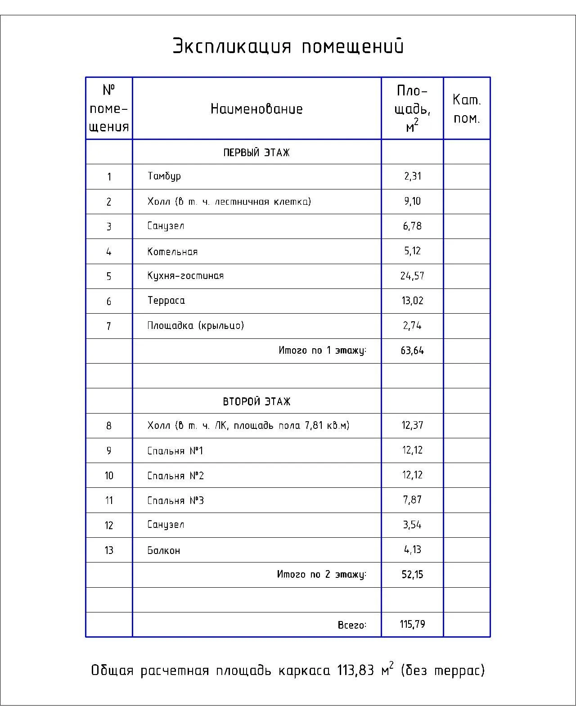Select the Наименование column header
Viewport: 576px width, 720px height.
coord(256,109)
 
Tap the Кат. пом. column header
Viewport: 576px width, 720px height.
coord(467,109)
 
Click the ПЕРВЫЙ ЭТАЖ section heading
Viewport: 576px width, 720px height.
coord(256,153)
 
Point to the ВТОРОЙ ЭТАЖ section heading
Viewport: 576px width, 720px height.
coord(256,401)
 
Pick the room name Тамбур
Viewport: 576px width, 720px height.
coord(164,176)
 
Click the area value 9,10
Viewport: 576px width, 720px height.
coord(412,201)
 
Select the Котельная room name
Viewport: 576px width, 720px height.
coord(172,252)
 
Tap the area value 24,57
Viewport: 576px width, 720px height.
coord(412,276)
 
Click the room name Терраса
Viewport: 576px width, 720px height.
coord(166,301)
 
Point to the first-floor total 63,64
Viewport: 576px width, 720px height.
coord(412,351)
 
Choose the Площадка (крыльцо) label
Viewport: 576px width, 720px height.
coord(195,325)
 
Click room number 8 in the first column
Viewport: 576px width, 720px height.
coord(109,426)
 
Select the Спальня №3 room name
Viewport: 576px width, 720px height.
coord(175,500)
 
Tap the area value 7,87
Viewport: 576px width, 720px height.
coord(412,500)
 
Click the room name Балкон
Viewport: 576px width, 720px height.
coord(164,550)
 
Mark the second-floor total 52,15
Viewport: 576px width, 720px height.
coord(412,575)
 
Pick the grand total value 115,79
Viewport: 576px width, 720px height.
coord(412,625)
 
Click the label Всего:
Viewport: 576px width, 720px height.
coord(352,625)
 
